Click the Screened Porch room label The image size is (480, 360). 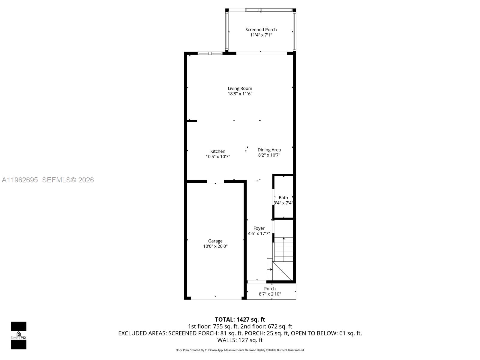coord(261,29)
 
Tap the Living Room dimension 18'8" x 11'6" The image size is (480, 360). coord(240,94)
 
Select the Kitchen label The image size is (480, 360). coord(218,151)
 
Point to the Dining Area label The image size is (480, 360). coord(269,150)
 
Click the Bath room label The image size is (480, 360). coord(283,197)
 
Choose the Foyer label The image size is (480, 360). coord(259,228)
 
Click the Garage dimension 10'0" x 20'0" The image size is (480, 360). coord(215,246)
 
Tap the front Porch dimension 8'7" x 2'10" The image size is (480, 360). coord(270,294)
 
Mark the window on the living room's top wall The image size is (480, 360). coord(210,53)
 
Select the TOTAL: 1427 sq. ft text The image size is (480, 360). coord(240,319)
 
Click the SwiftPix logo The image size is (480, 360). coord(19,335)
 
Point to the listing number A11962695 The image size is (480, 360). coord(20,180)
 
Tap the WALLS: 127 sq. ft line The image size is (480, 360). coord(240,340)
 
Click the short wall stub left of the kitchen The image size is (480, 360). coord(192,121)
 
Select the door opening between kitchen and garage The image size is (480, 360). coord(215,181)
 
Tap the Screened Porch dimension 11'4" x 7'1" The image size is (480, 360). coord(261,35)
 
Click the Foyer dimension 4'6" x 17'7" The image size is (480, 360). coord(259,234)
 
